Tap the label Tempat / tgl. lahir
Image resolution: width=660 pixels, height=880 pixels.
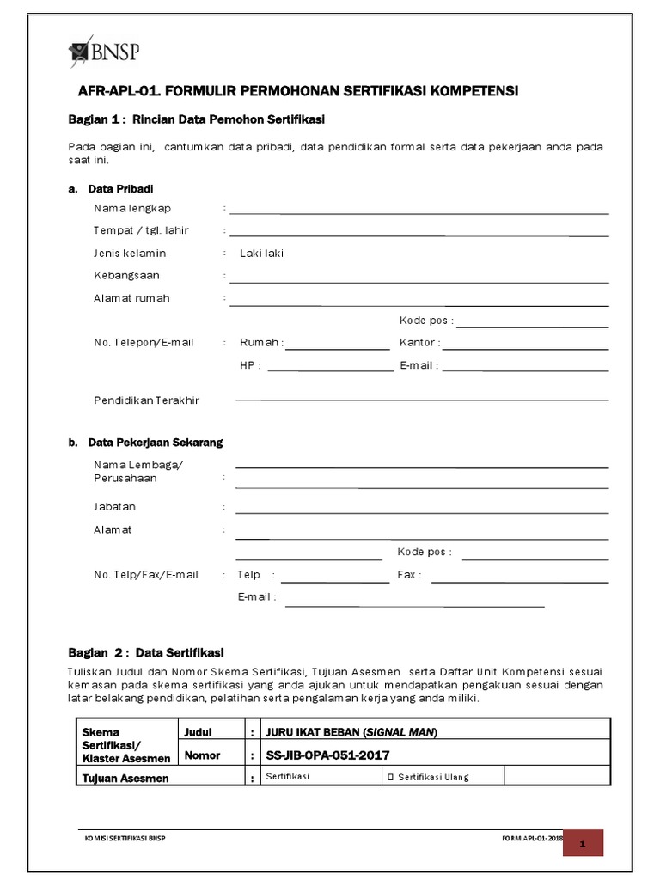click(x=141, y=230)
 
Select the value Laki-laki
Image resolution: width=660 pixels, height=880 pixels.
click(x=261, y=253)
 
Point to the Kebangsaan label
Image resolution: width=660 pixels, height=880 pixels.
click(x=126, y=275)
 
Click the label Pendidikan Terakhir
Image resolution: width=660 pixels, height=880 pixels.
click(x=146, y=400)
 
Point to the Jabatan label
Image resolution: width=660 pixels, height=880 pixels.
click(x=114, y=507)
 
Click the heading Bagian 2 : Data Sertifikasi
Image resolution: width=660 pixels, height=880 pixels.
click(x=145, y=652)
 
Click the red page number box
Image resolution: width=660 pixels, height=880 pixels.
click(x=583, y=844)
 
